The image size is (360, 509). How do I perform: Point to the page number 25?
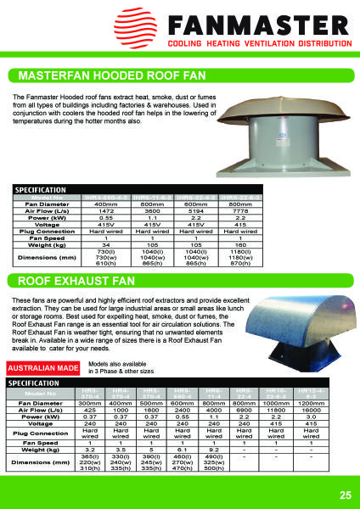tap(345, 495)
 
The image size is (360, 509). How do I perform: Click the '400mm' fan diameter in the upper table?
tap(105, 204)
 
